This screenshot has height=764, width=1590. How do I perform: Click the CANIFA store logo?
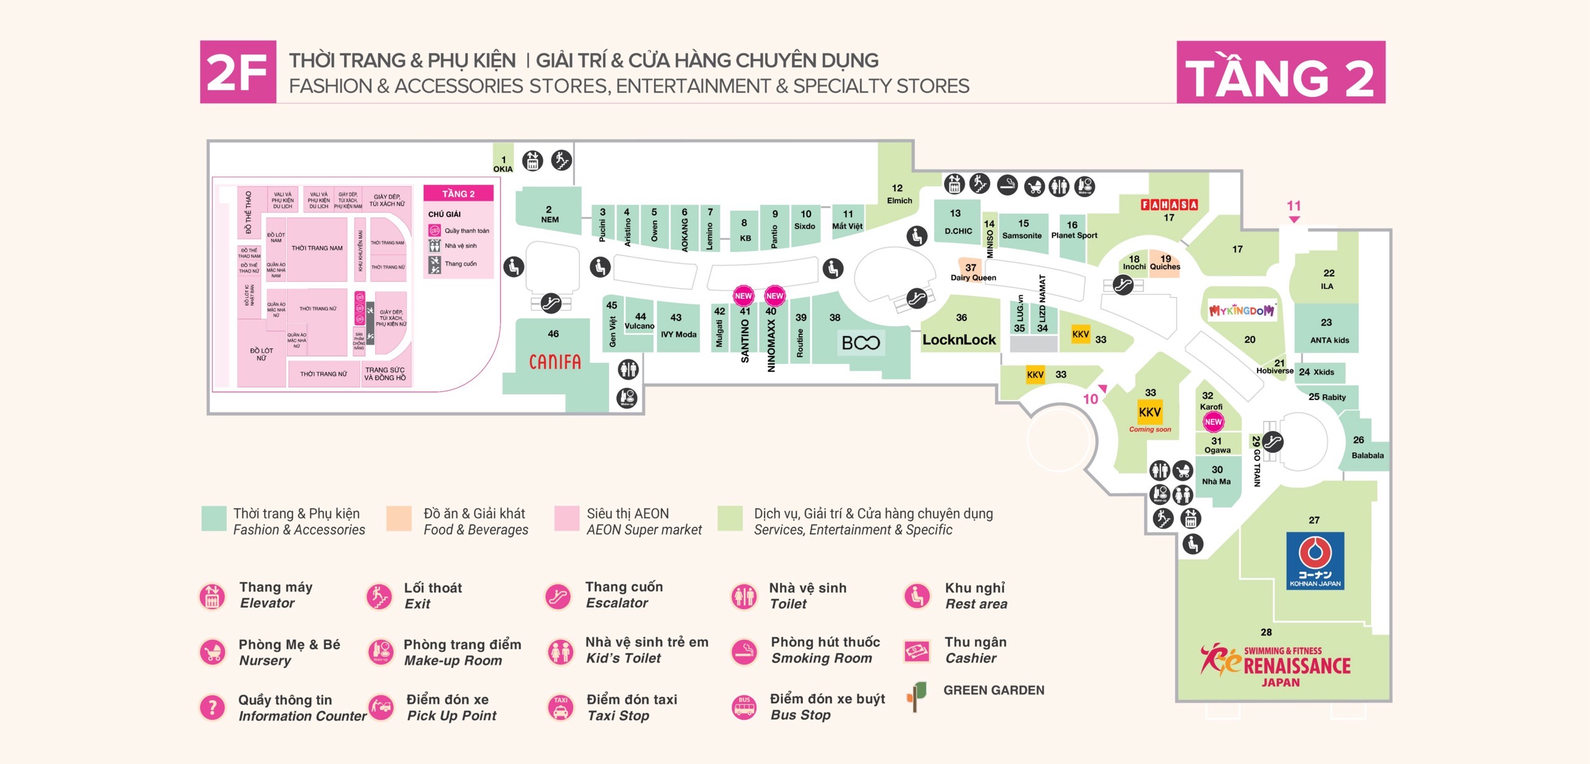click(555, 362)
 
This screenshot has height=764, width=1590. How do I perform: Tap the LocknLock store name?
click(959, 340)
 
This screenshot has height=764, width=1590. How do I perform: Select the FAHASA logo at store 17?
click(1169, 204)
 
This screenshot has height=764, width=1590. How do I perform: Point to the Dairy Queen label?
click(973, 278)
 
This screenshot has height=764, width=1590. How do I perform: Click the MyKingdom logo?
click(1242, 311)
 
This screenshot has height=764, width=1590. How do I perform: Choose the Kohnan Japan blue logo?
click(1315, 560)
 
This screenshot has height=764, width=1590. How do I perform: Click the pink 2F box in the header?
click(238, 72)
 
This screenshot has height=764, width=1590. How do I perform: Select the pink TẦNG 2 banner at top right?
click(1281, 73)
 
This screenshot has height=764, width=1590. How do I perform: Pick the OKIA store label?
click(503, 169)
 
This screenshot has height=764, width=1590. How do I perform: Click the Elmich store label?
click(899, 201)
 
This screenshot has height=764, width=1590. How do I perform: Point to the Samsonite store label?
click(1022, 235)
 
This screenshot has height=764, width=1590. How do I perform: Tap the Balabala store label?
click(1368, 455)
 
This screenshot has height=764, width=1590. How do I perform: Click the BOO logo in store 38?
click(860, 343)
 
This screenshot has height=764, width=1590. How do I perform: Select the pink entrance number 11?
click(1294, 206)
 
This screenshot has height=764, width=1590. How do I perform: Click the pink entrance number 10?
click(1091, 399)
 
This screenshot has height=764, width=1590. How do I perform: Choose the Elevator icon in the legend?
click(212, 596)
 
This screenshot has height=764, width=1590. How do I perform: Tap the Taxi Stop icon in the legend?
click(561, 707)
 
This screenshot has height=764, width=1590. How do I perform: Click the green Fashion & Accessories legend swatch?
click(214, 519)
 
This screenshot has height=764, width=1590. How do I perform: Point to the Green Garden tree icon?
click(917, 696)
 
